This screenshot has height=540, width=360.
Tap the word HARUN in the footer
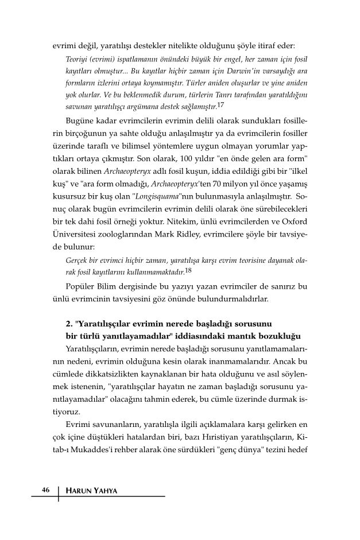point(79,491)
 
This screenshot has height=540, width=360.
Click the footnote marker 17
point(220,105)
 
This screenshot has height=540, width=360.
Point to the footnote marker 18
point(188,269)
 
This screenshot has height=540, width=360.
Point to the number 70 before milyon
point(215,184)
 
